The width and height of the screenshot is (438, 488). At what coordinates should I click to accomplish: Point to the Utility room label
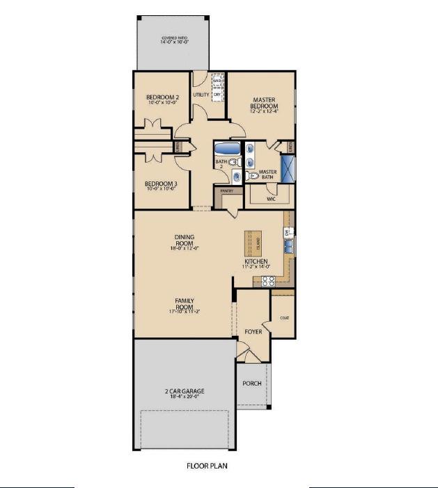(201, 93)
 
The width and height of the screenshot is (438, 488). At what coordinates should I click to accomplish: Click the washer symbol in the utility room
(217, 82)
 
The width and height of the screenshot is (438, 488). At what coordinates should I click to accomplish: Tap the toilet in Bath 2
(233, 162)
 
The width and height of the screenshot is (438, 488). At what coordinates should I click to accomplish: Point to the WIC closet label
(271, 198)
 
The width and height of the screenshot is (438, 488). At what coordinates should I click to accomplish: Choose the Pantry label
(226, 190)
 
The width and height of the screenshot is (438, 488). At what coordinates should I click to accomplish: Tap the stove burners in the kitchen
(268, 281)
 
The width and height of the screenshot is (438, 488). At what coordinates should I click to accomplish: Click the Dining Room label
(184, 240)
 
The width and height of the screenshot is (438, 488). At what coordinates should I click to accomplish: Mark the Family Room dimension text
(184, 311)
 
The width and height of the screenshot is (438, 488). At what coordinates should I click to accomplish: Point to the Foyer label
(253, 332)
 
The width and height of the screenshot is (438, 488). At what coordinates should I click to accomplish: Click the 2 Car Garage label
(184, 392)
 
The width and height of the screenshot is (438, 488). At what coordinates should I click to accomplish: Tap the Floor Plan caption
(207, 466)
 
